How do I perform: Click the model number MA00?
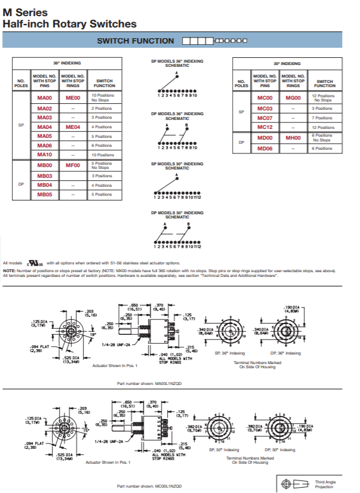click(x=45, y=97)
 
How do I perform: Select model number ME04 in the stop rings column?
click(x=73, y=127)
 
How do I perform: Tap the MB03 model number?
click(x=45, y=176)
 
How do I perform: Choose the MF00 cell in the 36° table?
click(x=73, y=165)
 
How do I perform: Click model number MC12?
click(x=264, y=127)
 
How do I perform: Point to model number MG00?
click(x=293, y=97)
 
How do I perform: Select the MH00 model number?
click(x=293, y=138)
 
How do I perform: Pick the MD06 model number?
click(x=264, y=148)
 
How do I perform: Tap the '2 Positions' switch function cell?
click(x=101, y=109)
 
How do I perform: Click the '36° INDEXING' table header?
click(x=67, y=63)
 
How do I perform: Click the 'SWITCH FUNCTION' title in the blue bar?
click(x=136, y=41)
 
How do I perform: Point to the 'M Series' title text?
click(x=25, y=12)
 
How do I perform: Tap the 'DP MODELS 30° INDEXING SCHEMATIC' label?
click(x=176, y=215)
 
